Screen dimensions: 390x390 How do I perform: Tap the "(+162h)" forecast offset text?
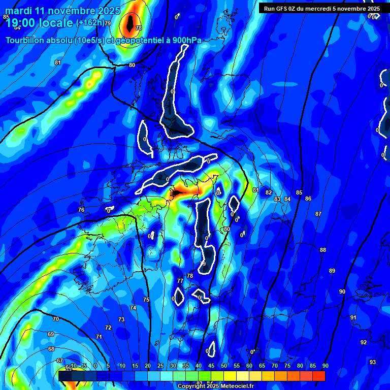90,23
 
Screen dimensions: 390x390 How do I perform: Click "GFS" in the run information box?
285,9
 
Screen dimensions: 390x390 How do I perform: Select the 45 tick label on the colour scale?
211,366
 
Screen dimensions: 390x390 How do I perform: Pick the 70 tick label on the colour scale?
274,366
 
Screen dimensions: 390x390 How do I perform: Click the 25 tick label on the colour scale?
160,366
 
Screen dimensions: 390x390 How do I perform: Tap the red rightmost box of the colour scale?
319,376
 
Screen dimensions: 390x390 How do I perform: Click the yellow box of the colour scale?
230,376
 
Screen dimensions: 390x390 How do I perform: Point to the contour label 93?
373,362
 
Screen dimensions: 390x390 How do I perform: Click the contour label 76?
81,210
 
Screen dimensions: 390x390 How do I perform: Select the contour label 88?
323,250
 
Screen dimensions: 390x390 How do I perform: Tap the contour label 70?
56,319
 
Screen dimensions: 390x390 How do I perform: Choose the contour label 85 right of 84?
299,192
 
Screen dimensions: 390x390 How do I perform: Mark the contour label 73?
121,319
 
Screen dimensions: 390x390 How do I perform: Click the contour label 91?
353,317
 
